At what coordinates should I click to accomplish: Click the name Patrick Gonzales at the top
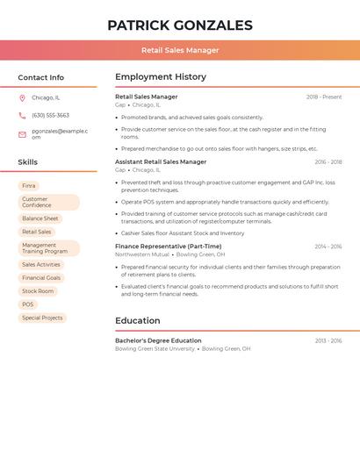(180, 25)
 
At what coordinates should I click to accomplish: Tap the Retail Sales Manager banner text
(180, 50)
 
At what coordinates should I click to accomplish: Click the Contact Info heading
(41, 77)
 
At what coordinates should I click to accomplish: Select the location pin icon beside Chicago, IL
(22, 97)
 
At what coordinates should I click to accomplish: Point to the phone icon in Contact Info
(22, 115)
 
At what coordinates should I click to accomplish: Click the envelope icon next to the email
(22, 134)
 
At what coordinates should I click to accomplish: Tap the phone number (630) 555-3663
(50, 115)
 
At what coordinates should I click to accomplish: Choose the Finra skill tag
(29, 186)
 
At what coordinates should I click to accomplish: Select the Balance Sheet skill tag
(40, 218)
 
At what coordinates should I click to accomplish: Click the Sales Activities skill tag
(41, 264)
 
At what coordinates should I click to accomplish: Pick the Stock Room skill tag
(38, 291)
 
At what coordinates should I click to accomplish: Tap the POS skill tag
(28, 304)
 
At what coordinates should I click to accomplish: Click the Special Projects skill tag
(42, 318)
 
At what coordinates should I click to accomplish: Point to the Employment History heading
(161, 77)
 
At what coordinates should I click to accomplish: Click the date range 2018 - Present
(324, 97)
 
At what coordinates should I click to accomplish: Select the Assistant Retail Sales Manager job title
(161, 161)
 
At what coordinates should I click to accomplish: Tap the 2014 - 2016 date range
(328, 247)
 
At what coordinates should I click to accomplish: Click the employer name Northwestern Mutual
(142, 254)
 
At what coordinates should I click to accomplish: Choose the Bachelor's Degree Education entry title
(158, 340)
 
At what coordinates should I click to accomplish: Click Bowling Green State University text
(155, 348)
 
